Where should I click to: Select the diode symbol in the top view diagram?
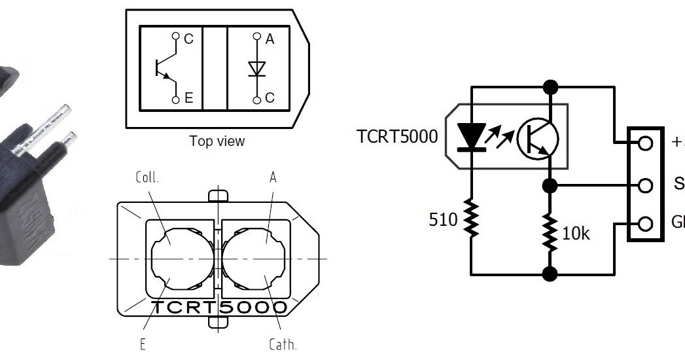click(x=256, y=69)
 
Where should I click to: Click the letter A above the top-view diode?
click(x=270, y=39)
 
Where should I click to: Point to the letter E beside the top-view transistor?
click(x=188, y=99)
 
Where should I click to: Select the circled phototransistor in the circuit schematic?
click(x=538, y=139)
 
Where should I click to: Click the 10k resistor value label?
click(x=577, y=233)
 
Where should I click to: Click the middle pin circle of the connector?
click(x=645, y=185)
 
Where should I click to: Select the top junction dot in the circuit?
click(x=550, y=86)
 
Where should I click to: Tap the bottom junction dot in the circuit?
click(x=550, y=274)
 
